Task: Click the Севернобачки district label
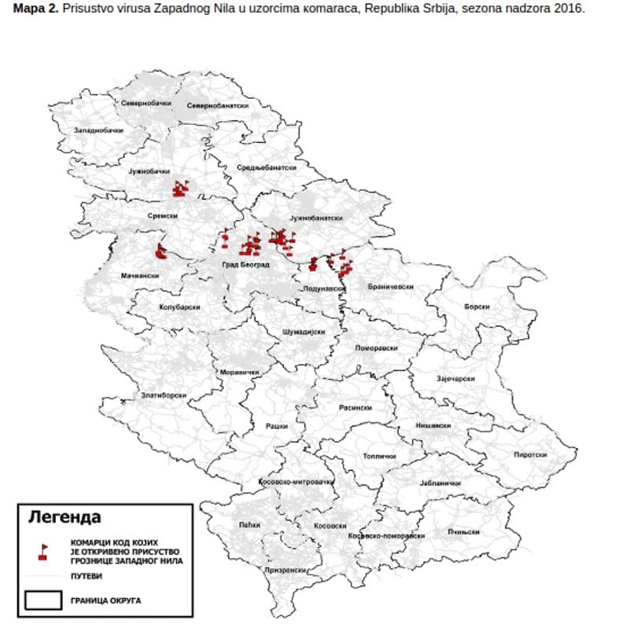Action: point(146,104)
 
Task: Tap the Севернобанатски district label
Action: point(212,105)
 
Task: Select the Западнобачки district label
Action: point(97,130)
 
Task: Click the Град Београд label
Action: point(245,265)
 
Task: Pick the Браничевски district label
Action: point(391,288)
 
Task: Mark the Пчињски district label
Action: point(464,532)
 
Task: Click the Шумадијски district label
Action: point(303,332)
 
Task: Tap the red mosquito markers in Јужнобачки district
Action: point(181,188)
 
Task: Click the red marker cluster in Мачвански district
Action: point(161,251)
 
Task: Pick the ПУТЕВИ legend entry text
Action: point(86,576)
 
